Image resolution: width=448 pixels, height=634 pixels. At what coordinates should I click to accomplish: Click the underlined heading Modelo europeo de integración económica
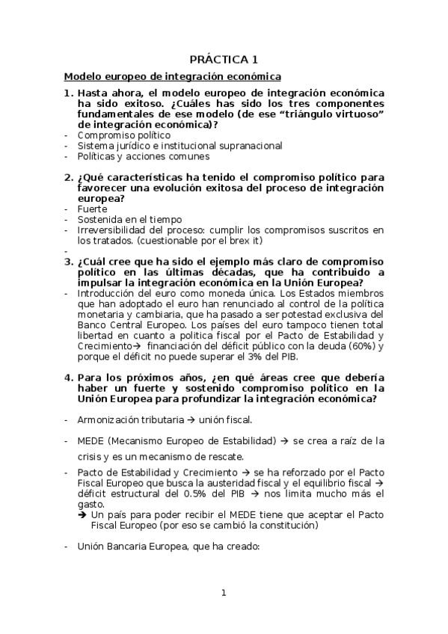(172, 76)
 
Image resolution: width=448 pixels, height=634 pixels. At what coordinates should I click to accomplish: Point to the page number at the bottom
(223, 593)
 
